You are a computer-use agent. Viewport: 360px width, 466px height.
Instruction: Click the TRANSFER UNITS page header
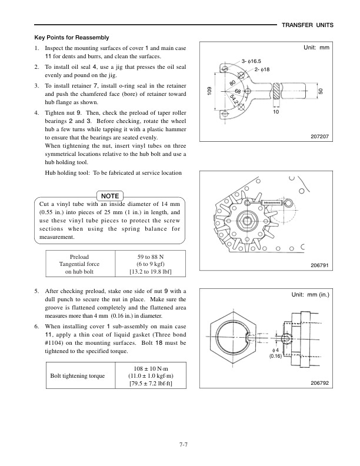point(308,25)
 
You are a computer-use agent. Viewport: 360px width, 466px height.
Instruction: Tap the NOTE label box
point(110,195)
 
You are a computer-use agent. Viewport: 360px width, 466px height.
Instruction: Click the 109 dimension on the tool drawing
point(209,91)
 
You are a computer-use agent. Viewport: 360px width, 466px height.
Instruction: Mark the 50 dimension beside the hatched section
point(320,91)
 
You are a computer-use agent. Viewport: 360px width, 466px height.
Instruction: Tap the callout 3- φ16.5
point(252,61)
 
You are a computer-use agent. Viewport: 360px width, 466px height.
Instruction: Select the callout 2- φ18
point(262,70)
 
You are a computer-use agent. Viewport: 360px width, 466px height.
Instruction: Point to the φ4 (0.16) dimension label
point(275,352)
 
